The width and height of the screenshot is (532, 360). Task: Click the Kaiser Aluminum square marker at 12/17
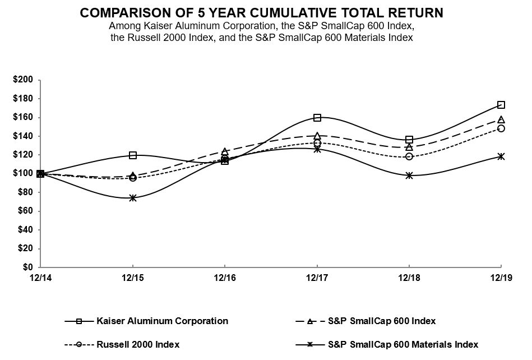point(317,118)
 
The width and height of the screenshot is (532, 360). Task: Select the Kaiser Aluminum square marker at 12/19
point(501,105)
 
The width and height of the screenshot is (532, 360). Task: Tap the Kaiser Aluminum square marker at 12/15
point(133,155)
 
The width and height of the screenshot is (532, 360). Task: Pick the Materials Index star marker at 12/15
point(133,198)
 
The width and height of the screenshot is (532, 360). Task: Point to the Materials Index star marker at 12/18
point(409,176)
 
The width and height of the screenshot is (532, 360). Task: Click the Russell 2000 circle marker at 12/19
point(501,128)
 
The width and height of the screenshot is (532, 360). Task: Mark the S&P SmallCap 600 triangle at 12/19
point(501,119)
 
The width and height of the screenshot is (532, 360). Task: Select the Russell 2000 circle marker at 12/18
point(409,156)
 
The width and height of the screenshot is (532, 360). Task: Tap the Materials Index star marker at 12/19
point(501,156)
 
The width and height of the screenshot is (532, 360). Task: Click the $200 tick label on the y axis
point(23,80)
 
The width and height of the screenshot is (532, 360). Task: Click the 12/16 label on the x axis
point(225,278)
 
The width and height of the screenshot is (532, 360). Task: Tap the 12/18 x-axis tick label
point(409,278)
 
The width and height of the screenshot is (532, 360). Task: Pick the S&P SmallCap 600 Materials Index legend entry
point(403,344)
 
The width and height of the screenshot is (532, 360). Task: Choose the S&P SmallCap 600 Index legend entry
point(381,321)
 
